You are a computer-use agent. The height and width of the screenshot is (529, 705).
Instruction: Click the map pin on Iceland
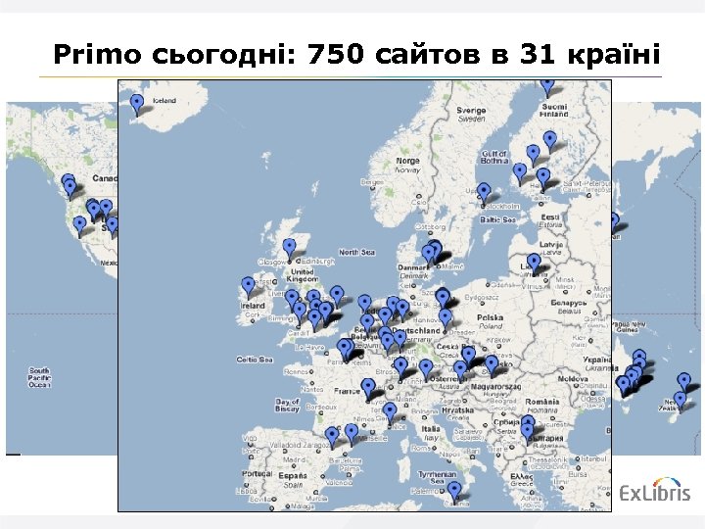point(138,102)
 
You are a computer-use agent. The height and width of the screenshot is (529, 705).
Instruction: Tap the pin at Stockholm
point(485,191)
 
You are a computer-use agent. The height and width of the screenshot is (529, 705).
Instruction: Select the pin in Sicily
point(454,490)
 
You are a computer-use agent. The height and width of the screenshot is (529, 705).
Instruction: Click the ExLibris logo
point(656,491)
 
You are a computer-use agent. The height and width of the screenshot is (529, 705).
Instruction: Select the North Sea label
point(356,253)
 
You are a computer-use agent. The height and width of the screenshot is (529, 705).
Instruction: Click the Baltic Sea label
point(496,220)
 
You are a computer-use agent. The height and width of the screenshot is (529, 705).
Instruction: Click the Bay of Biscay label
point(288,405)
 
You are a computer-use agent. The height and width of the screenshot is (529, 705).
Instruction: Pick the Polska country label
point(489,318)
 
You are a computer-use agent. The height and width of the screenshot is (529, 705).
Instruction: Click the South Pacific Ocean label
point(40,378)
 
